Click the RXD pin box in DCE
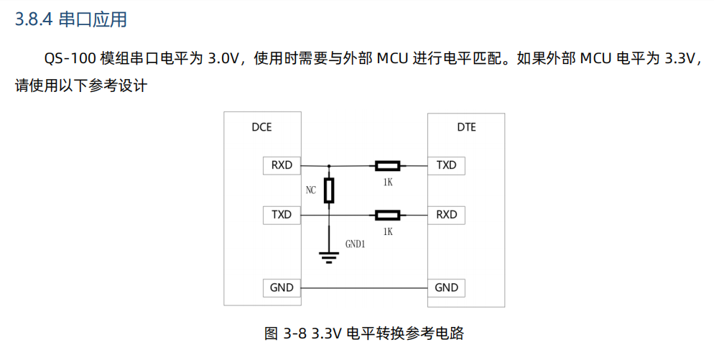[x=282, y=165]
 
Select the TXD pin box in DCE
[x=282, y=215]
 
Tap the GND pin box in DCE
[x=282, y=287]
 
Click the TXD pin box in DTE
[x=446, y=165]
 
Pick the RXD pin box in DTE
[x=446, y=215]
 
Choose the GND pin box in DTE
[x=446, y=287]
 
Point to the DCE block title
[x=261, y=128]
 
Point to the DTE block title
[x=466, y=128]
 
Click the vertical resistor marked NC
[x=329, y=190]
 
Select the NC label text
[x=310, y=190]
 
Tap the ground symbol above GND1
[x=329, y=257]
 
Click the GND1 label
[x=356, y=244]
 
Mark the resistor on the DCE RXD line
[x=388, y=166]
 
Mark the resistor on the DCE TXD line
[x=388, y=215]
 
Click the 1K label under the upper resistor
[x=388, y=183]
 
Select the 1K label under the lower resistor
[x=388, y=231]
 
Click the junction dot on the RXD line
[x=329, y=166]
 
